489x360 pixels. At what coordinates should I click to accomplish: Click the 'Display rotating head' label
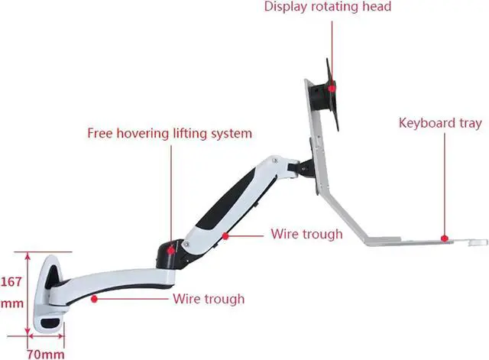(x=328, y=8)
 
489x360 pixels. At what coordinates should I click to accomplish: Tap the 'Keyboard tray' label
(x=440, y=123)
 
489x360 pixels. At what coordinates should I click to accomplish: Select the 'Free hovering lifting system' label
(x=169, y=134)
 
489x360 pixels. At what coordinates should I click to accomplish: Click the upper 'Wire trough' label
(x=306, y=234)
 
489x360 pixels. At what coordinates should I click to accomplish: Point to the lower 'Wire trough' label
(x=209, y=299)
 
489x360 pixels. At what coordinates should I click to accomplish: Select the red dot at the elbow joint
(x=171, y=247)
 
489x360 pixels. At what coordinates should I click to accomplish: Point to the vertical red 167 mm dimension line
(x=28, y=290)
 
